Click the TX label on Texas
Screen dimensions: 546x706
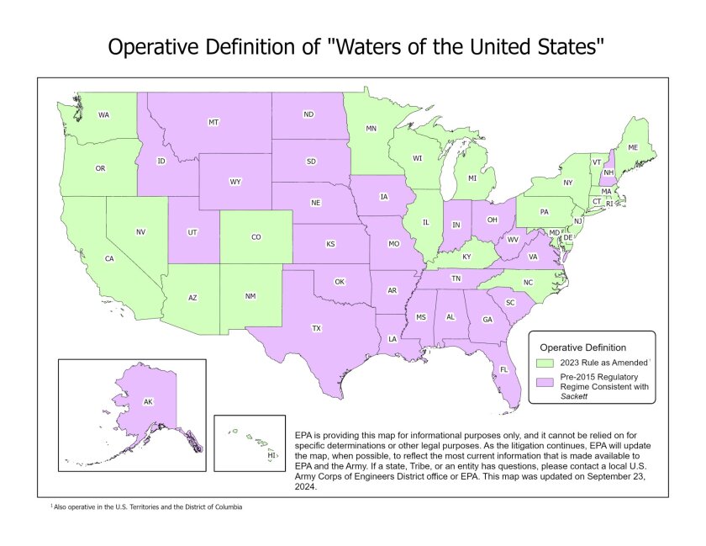pyautogui.click(x=317, y=328)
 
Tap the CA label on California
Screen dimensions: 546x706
pyautogui.click(x=109, y=258)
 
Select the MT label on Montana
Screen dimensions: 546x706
pyautogui.click(x=213, y=123)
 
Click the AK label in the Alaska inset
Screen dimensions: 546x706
pyautogui.click(x=148, y=402)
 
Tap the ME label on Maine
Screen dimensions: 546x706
pyautogui.click(x=633, y=147)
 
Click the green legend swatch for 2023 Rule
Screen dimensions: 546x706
pyautogui.click(x=544, y=362)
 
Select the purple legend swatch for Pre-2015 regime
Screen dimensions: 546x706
pyautogui.click(x=544, y=381)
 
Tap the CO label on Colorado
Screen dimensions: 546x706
pyautogui.click(x=256, y=237)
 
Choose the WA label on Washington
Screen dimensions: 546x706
pyautogui.click(x=103, y=114)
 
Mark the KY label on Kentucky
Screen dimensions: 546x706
pyautogui.click(x=466, y=256)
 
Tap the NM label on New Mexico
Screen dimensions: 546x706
pyautogui.click(x=250, y=296)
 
